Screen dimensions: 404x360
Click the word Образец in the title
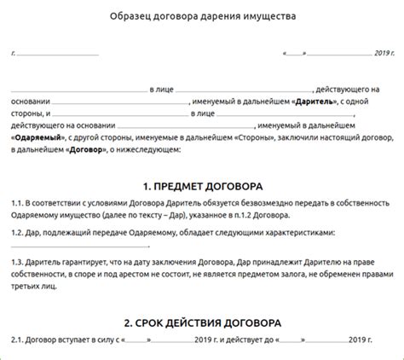[x=133, y=16]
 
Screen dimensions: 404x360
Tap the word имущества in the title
[x=265, y=16]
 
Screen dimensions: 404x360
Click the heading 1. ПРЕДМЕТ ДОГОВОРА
[x=203, y=186]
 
